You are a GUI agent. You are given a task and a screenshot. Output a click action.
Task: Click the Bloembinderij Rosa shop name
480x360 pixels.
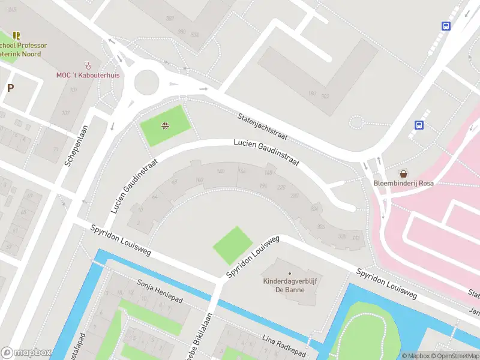coord(403,183)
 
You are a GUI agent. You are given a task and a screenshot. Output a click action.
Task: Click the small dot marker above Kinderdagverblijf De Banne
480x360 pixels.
coord(289,274)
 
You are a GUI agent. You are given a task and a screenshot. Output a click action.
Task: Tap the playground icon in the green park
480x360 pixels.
coord(165,125)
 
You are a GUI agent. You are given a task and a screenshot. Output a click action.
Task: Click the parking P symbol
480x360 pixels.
coord(10,88)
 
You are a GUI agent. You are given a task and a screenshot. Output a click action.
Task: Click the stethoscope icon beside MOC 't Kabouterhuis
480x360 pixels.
coord(89,65)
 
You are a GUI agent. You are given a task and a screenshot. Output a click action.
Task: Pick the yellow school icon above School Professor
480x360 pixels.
coord(16,35)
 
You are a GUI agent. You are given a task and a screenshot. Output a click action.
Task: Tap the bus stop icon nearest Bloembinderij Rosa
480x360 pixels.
coord(419,125)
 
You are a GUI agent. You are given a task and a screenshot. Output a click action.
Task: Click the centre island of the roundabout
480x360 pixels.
coord(146,82)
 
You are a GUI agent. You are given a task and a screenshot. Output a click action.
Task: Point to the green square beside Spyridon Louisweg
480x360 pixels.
coord(234,245)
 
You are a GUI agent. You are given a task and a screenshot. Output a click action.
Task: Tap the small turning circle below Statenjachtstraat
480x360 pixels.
coord(356,122)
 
